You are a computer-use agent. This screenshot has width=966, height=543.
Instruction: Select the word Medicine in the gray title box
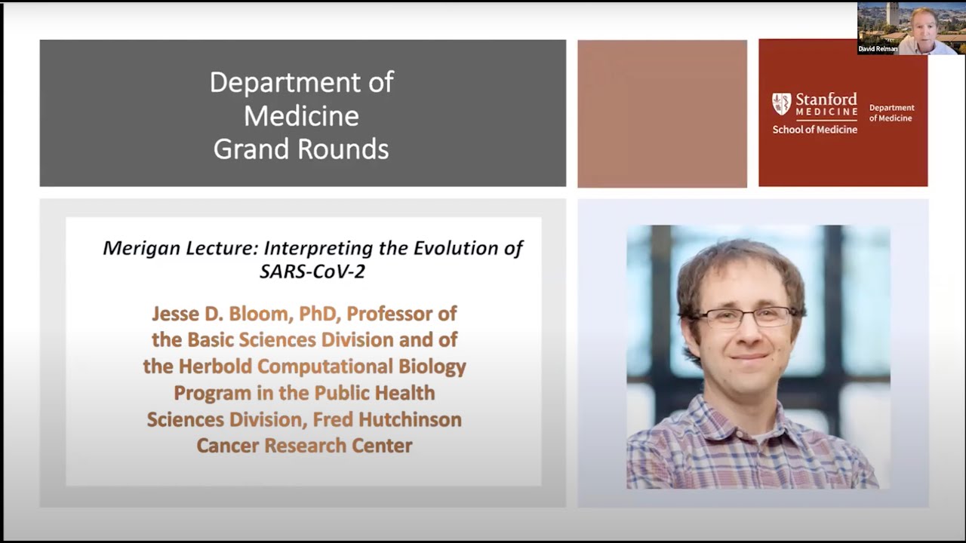click(x=301, y=115)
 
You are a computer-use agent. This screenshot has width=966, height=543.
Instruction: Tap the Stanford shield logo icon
click(x=781, y=104)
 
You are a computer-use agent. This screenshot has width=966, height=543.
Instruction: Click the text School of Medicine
click(x=814, y=130)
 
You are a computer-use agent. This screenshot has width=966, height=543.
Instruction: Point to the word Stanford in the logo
click(x=826, y=100)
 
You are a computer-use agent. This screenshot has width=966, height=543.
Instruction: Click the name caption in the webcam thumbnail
click(x=878, y=49)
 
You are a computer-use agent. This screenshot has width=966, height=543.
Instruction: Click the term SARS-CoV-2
click(x=312, y=271)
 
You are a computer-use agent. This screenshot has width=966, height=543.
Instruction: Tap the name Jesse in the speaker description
click(x=177, y=313)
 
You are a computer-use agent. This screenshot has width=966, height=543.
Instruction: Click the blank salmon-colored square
click(x=662, y=113)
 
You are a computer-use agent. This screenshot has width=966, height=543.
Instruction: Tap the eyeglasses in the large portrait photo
click(x=743, y=316)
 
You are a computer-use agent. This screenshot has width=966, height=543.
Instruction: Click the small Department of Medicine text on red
click(x=891, y=113)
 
